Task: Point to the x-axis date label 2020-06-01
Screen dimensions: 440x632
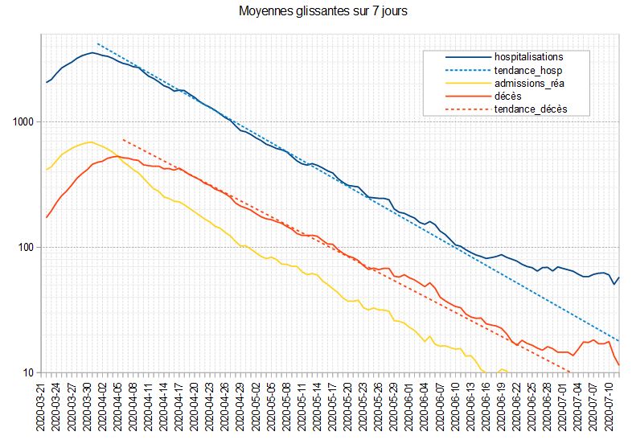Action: (x=413, y=405)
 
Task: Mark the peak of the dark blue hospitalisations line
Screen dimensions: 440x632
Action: (x=92, y=53)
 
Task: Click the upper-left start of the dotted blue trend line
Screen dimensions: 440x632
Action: (x=97, y=43)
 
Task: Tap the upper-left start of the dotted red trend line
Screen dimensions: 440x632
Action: (x=123, y=139)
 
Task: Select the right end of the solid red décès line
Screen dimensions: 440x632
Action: (x=618, y=365)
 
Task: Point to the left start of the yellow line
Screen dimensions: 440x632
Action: (x=47, y=170)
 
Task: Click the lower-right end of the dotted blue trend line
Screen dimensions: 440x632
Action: (x=618, y=341)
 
